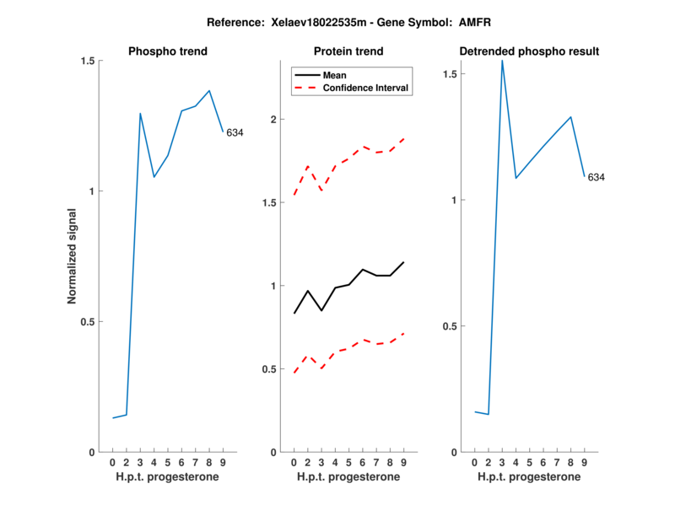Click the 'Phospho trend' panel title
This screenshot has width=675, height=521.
click(x=167, y=51)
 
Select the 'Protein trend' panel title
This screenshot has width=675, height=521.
click(x=348, y=51)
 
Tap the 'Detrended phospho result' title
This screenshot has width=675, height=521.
click(x=529, y=51)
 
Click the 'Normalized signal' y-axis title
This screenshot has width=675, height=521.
click(x=72, y=256)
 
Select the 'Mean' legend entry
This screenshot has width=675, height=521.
click(x=334, y=75)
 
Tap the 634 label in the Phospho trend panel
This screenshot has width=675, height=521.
click(x=235, y=132)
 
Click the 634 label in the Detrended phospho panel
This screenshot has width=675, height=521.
click(x=596, y=177)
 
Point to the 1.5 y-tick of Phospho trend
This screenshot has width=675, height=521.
click(x=87, y=61)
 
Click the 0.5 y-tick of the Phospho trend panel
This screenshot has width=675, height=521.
click(x=87, y=321)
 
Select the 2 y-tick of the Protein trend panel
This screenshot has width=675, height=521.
click(x=273, y=120)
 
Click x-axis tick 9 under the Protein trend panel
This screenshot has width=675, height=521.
click(x=403, y=463)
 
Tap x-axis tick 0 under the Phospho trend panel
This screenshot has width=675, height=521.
click(x=112, y=463)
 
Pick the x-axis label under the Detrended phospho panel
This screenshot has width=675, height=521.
click(x=529, y=477)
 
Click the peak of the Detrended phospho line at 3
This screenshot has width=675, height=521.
click(x=502, y=61)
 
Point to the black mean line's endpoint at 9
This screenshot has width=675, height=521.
click(x=403, y=262)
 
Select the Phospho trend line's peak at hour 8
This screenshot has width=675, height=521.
click(x=209, y=90)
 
